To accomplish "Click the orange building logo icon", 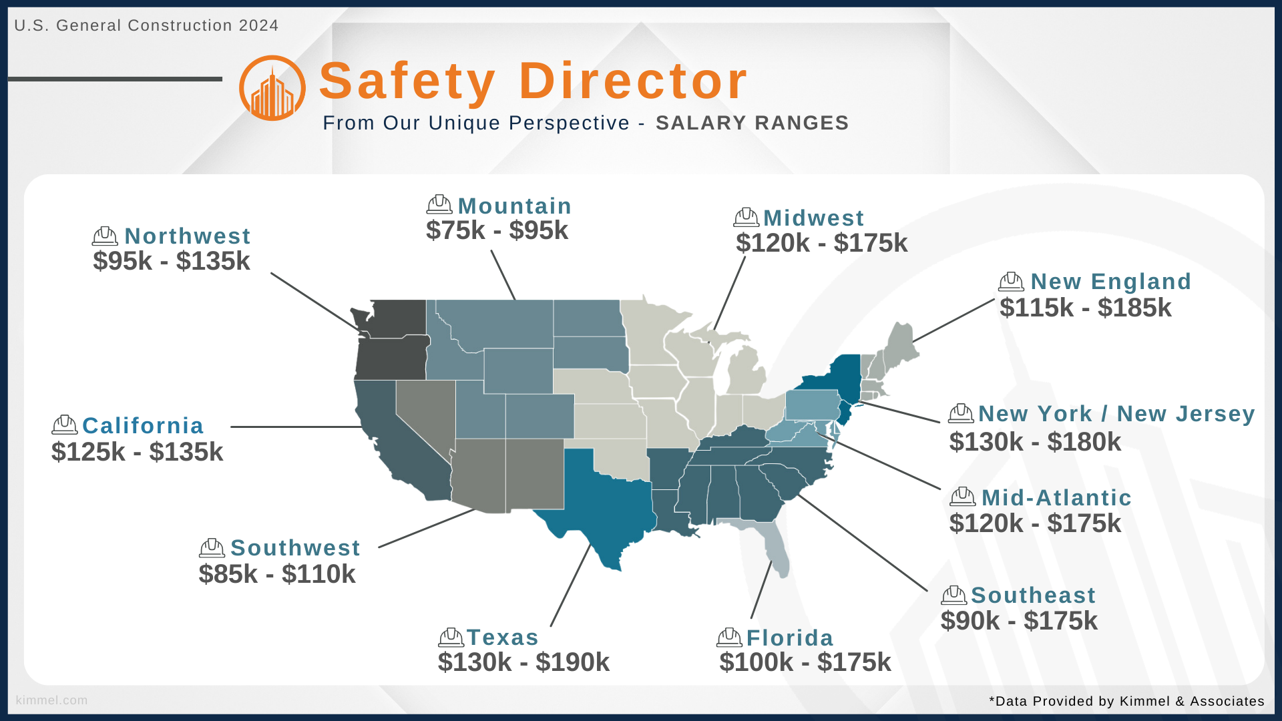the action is tap(272, 88).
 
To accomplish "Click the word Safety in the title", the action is tap(407, 81).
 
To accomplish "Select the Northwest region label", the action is tap(187, 236).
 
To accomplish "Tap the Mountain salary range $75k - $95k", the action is tap(497, 230).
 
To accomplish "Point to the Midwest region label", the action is tap(813, 218).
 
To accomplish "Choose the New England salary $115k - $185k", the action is tap(1086, 308).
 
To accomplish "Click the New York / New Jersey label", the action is tap(1116, 414).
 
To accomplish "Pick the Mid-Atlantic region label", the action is tap(1056, 497).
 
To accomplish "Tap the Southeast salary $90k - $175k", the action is tap(1019, 621).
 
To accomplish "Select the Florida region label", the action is tap(790, 638).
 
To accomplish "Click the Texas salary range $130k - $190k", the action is tap(523, 662).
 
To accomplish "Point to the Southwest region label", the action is tap(295, 547).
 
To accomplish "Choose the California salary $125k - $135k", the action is tap(137, 452).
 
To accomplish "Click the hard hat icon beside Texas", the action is tap(451, 638).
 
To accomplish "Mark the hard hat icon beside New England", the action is tap(1011, 282).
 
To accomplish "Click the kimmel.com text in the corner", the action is tap(51, 700).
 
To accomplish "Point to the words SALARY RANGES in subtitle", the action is tap(752, 123).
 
